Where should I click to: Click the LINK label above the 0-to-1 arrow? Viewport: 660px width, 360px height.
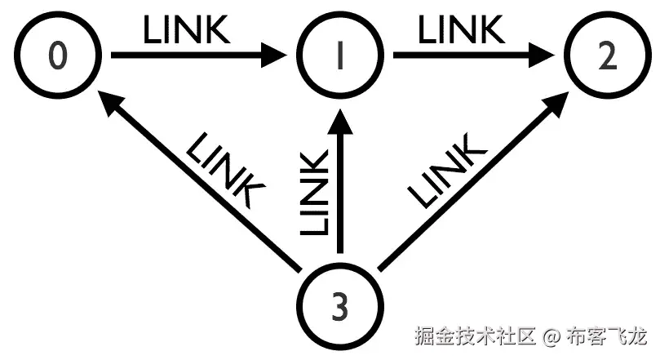[187, 30]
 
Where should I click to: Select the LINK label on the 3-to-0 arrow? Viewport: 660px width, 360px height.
[224, 171]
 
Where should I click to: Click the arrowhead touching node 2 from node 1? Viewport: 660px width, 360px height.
[555, 57]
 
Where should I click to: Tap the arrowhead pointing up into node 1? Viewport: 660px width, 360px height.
[341, 122]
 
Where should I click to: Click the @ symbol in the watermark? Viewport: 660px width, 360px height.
[551, 336]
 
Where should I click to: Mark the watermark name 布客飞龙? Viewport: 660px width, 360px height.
[607, 336]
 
